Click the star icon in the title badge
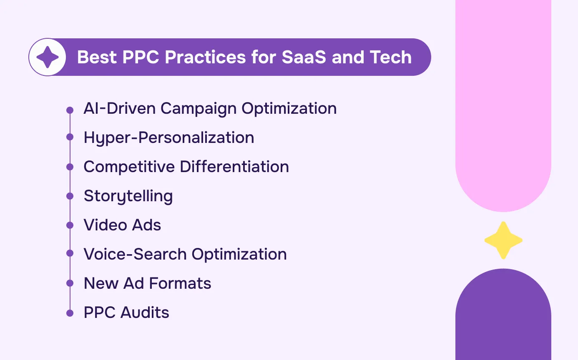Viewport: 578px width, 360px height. [x=48, y=57]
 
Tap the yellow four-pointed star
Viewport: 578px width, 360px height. [x=503, y=240]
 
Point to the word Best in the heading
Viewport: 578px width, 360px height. [x=97, y=57]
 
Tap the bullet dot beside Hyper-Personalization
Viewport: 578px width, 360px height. [x=70, y=137]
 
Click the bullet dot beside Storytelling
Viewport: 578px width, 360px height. [x=70, y=196]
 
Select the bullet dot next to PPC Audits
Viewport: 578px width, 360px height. [x=70, y=312]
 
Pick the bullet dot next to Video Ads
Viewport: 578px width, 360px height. [x=70, y=225]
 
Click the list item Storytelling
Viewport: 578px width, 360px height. [x=128, y=196]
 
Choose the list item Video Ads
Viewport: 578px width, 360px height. [x=122, y=225]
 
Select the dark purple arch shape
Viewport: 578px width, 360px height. [x=503, y=317]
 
